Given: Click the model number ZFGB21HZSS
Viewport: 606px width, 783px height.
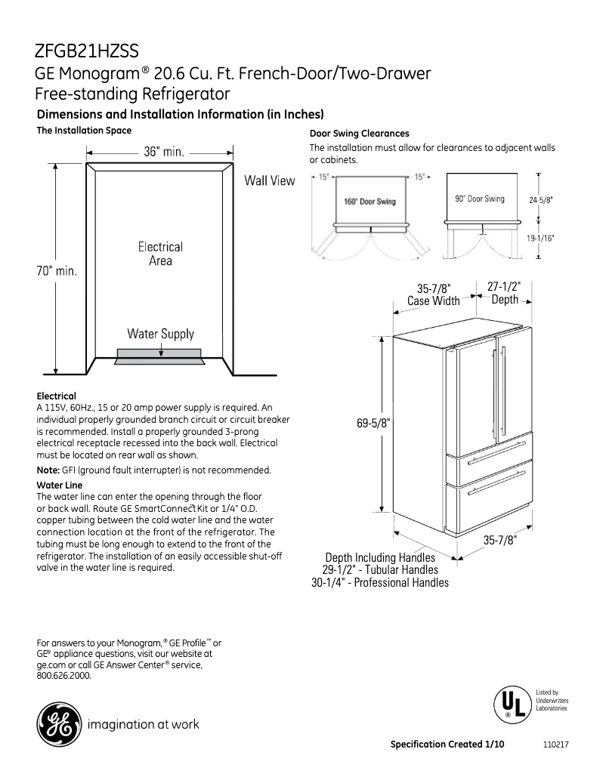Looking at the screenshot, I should pos(86,51).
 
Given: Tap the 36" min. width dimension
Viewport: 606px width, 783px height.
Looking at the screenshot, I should pos(164,151).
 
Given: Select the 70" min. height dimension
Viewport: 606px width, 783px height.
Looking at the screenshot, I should pos(57,270).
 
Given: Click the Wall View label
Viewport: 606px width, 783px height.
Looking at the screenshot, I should pos(269,180).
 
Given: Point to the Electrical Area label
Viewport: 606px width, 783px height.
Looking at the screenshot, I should pos(160,254).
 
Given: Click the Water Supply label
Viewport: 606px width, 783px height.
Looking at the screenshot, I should pos(160,334).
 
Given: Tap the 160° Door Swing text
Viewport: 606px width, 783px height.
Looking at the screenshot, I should pos(369,202).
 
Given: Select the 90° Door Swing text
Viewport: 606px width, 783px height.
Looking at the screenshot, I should pos(480,199).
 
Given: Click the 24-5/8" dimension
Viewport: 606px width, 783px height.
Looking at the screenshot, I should pos(541,200).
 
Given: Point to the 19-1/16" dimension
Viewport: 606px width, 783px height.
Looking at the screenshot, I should pos(541,238).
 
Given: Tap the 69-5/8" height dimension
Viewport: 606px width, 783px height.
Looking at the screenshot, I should pos(373,424).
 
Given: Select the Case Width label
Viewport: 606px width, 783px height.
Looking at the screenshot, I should pos(434,301).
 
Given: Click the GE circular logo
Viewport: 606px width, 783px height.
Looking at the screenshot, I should pos(57,724).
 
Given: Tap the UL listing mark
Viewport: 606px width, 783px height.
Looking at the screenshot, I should pos(509,704).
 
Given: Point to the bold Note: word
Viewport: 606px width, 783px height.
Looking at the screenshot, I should pos(48,470).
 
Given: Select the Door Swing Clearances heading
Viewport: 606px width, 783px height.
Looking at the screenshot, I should pos(360,133).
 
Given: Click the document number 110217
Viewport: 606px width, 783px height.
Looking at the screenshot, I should pos(555,744).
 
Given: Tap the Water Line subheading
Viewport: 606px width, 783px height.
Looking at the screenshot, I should pos(60,485).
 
